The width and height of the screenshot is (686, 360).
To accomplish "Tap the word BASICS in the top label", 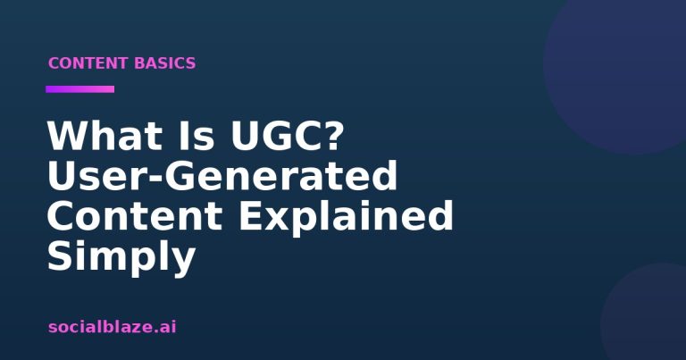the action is click(x=165, y=63).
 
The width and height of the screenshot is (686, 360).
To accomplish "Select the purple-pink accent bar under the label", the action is click(x=80, y=89).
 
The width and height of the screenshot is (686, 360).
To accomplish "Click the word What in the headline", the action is click(x=105, y=136).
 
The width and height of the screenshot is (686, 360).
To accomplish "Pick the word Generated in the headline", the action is click(x=280, y=175).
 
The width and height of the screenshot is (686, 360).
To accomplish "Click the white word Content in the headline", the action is click(x=135, y=215).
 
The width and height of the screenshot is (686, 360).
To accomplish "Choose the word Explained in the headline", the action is click(x=346, y=217).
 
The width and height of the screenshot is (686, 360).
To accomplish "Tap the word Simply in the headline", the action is click(x=121, y=257).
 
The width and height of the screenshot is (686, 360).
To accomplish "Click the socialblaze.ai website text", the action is click(x=112, y=327).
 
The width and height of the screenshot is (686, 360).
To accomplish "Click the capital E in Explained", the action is click(x=251, y=215).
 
